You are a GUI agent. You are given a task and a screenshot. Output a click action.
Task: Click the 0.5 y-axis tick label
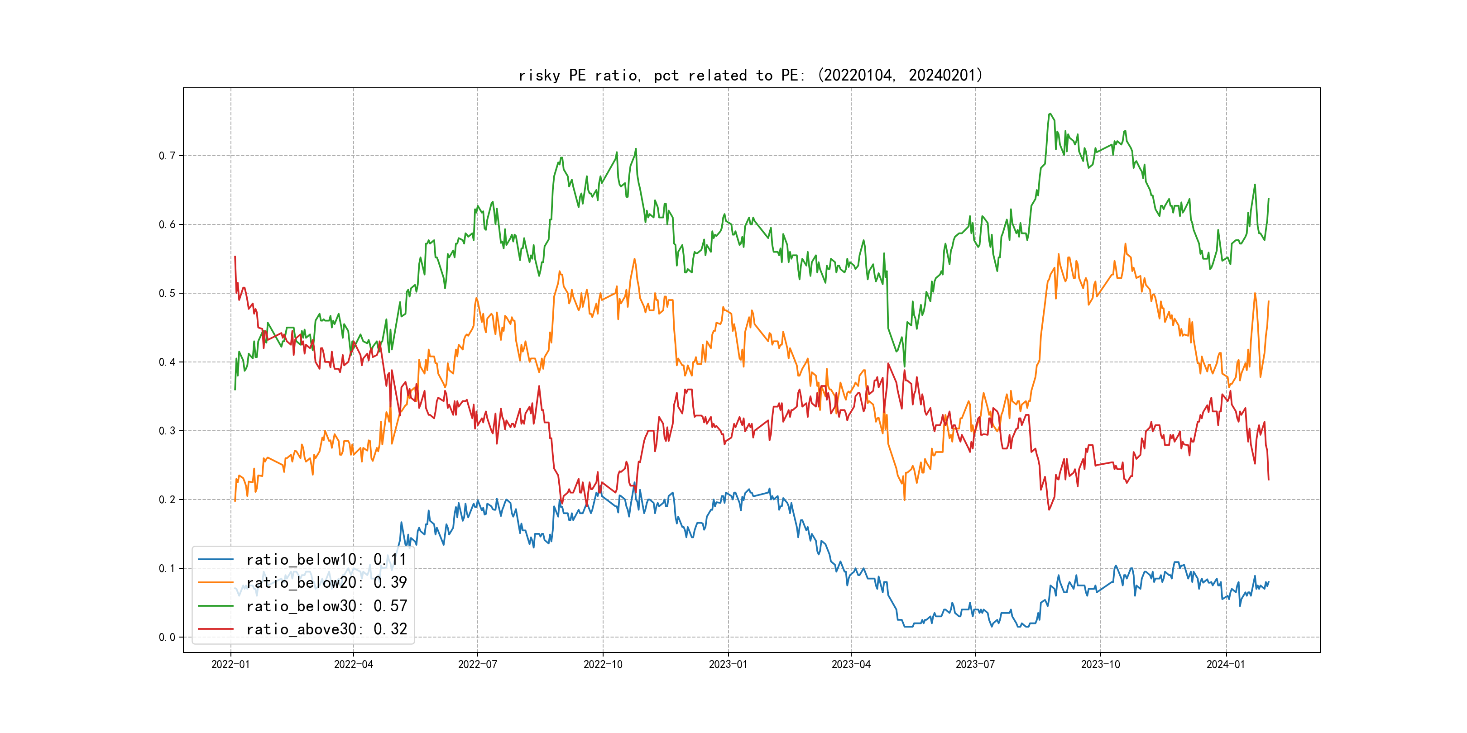167,294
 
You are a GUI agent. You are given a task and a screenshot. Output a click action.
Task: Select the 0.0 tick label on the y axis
167,638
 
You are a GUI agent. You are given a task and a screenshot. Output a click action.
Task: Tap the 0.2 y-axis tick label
167,500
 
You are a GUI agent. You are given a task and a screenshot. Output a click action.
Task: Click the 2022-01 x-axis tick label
230,664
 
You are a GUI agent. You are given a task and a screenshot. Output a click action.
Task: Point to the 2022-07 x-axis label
477,664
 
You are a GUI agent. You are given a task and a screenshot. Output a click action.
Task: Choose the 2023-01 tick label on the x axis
728,664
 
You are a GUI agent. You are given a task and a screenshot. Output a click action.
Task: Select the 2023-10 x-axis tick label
1100,664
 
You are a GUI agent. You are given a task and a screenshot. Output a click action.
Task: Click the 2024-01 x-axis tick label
1226,664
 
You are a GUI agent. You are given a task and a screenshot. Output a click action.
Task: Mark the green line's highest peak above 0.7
1050,114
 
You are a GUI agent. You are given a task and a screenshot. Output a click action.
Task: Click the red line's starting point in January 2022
235,257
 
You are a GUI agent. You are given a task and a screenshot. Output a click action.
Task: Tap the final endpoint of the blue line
1268,581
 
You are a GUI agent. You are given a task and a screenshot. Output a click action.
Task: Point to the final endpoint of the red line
1268,480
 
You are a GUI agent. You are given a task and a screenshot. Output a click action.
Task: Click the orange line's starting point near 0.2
235,501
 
